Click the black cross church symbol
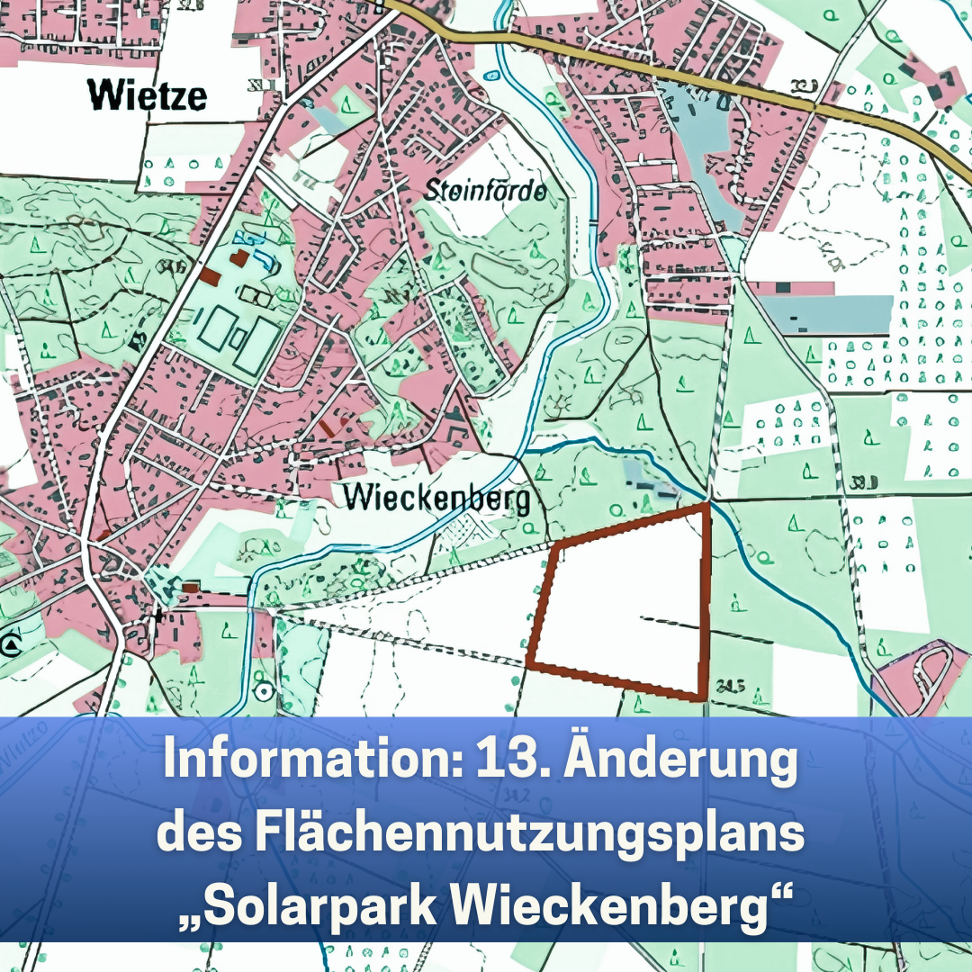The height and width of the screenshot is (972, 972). tap(158, 616)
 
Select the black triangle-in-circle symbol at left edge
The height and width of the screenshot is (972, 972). tap(11, 645)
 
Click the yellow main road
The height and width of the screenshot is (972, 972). tap(630, 64)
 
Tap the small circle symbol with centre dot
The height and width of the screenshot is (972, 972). tap(263, 691)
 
